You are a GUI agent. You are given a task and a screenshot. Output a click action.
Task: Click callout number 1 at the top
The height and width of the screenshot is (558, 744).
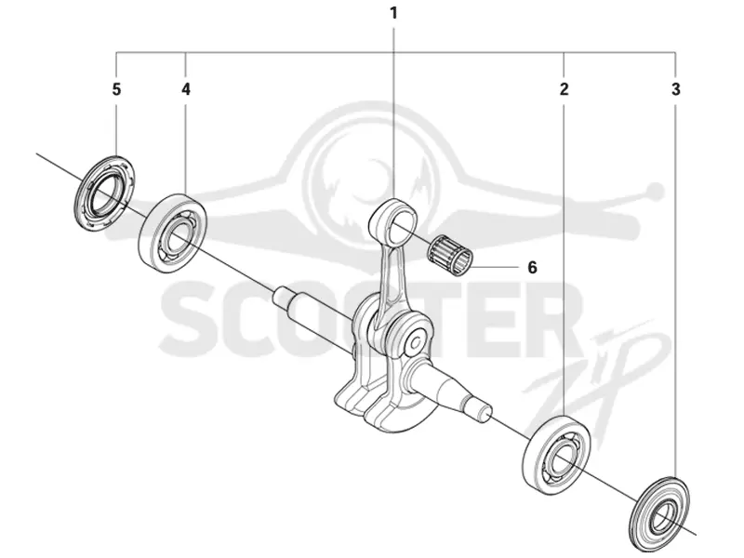[x=393, y=13]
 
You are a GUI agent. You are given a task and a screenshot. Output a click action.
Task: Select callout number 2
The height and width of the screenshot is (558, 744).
[x=564, y=88]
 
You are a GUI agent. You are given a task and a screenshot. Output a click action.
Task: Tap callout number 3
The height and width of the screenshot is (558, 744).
[x=676, y=88]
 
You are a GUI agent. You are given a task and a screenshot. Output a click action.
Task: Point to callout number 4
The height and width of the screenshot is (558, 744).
[x=185, y=88]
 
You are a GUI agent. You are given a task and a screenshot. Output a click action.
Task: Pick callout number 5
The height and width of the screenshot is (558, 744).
[x=117, y=88]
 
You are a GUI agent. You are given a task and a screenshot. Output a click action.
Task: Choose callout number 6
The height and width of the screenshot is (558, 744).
[x=532, y=268]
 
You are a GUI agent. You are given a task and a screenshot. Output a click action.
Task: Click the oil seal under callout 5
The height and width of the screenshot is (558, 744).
[x=104, y=193]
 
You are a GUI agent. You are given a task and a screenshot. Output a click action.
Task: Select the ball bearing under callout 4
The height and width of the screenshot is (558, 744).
[x=172, y=233]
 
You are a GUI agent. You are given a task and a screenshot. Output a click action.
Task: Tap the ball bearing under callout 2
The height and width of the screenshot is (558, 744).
[x=556, y=457]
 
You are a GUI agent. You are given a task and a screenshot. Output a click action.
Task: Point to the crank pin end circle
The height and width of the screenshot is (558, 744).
[x=416, y=342]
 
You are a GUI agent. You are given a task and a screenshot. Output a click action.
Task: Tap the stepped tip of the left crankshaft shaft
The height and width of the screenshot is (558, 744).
[x=282, y=298]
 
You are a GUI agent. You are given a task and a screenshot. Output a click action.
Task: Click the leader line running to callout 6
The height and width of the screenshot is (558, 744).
[x=494, y=267]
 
